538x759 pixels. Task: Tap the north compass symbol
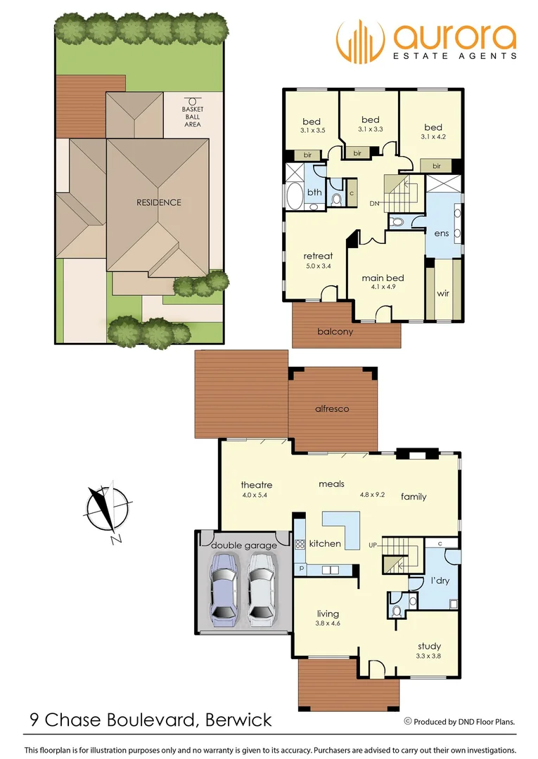click(x=108, y=512)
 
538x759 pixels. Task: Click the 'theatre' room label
click(x=256, y=485)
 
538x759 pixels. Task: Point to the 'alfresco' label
click(x=333, y=408)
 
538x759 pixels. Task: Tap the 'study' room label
click(x=429, y=647)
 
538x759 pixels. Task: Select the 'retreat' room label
click(x=318, y=257)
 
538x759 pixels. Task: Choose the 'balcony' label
click(x=335, y=331)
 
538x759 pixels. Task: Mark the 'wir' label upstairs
click(x=443, y=294)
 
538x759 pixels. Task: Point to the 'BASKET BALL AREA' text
click(x=191, y=117)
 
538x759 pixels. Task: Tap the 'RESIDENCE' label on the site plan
click(x=159, y=202)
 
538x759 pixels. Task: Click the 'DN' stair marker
click(x=376, y=204)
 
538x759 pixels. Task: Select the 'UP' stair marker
click(x=375, y=545)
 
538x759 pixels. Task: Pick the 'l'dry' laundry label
click(x=440, y=582)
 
